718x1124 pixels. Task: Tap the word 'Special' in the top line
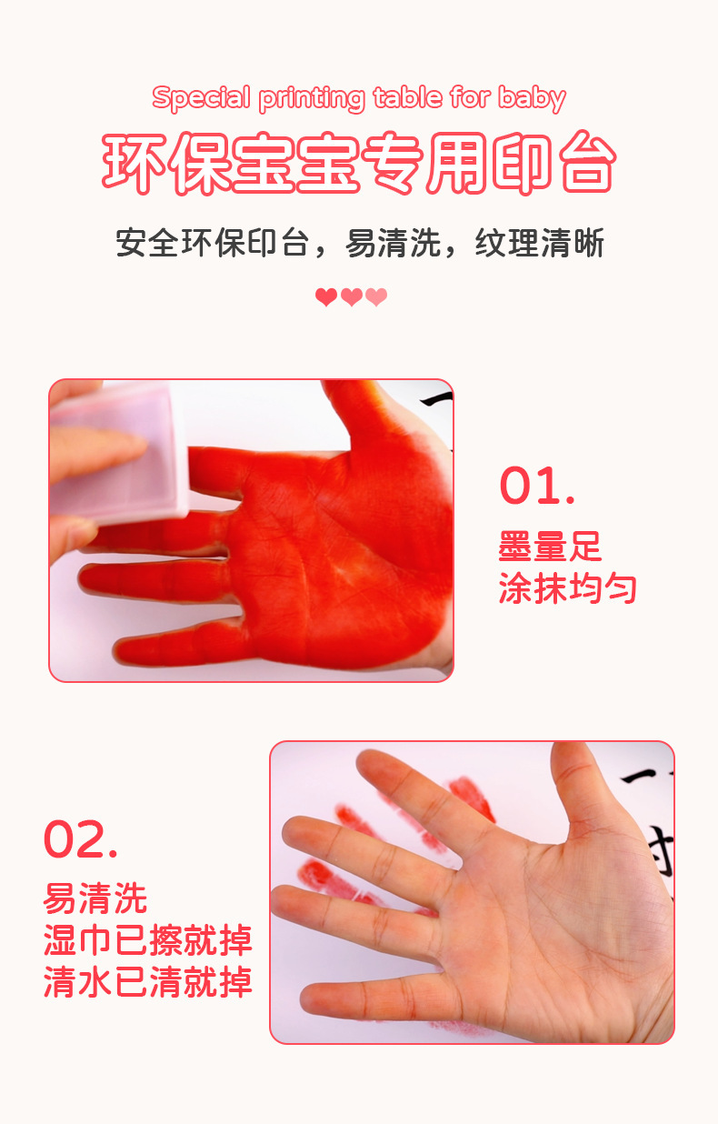click(201, 97)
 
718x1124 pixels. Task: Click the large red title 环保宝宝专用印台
click(359, 165)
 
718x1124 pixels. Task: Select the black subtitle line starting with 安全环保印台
click(359, 244)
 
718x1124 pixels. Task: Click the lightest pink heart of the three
click(376, 297)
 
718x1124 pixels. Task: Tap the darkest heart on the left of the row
click(325, 297)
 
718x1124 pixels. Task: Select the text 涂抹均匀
click(567, 588)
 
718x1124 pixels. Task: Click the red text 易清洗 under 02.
click(95, 899)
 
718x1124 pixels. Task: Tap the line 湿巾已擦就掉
click(147, 940)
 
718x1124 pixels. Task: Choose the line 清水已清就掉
click(147, 982)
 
